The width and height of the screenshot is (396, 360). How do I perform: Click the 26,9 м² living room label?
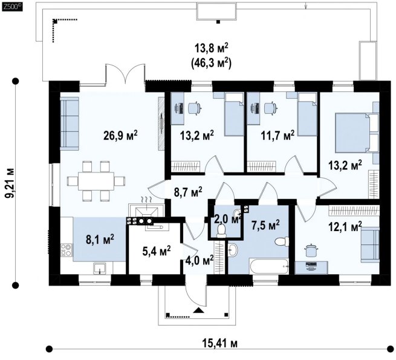[120, 136]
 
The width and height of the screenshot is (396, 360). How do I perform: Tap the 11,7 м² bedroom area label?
[278, 136]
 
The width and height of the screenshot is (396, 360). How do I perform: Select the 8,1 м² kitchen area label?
[100, 239]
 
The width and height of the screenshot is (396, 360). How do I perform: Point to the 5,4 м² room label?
[157, 250]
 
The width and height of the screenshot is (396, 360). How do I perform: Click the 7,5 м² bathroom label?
[265, 224]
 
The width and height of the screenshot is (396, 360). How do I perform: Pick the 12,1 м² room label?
[345, 226]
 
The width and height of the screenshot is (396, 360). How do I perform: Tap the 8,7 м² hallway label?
[188, 192]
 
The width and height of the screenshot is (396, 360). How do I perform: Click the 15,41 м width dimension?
[219, 344]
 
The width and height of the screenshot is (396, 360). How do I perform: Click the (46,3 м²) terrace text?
[212, 63]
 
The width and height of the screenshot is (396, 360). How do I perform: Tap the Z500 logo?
[12, 7]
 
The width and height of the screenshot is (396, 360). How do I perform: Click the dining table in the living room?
[96, 181]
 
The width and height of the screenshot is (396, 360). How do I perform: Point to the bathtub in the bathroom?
[268, 266]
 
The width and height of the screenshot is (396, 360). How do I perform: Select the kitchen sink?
[100, 268]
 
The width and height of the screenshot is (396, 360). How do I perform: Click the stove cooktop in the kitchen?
[67, 250]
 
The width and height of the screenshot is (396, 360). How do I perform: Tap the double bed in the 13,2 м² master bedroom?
[352, 133]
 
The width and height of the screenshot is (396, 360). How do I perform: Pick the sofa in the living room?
[70, 123]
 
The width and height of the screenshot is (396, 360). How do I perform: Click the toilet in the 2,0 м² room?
[221, 231]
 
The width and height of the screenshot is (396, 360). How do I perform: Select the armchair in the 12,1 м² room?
[370, 244]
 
